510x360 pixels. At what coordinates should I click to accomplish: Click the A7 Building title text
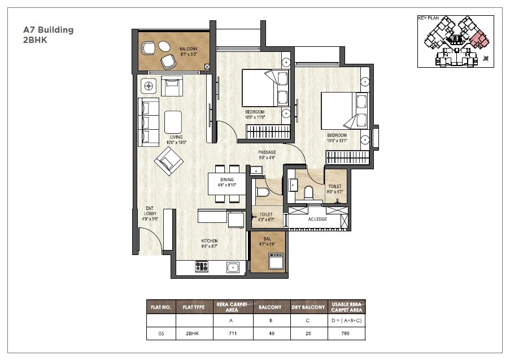click(48, 30)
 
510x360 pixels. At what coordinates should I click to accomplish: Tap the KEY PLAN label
click(428, 18)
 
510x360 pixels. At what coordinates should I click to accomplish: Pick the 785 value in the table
click(346, 333)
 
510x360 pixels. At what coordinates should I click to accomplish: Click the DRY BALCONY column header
click(309, 307)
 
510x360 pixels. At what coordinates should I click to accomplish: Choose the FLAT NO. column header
click(161, 307)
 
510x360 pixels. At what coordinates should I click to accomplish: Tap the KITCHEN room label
click(210, 241)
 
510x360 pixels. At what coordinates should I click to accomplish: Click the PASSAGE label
click(267, 152)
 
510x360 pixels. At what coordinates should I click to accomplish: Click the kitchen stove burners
click(202, 266)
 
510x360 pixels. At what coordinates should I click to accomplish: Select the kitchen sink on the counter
click(232, 267)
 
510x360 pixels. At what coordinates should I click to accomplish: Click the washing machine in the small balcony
click(277, 261)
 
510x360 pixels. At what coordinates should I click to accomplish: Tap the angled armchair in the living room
click(168, 162)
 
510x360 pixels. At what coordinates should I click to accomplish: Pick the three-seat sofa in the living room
click(148, 122)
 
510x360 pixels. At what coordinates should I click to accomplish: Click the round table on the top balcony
click(164, 46)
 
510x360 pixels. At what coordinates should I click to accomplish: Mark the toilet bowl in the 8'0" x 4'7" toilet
click(308, 192)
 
